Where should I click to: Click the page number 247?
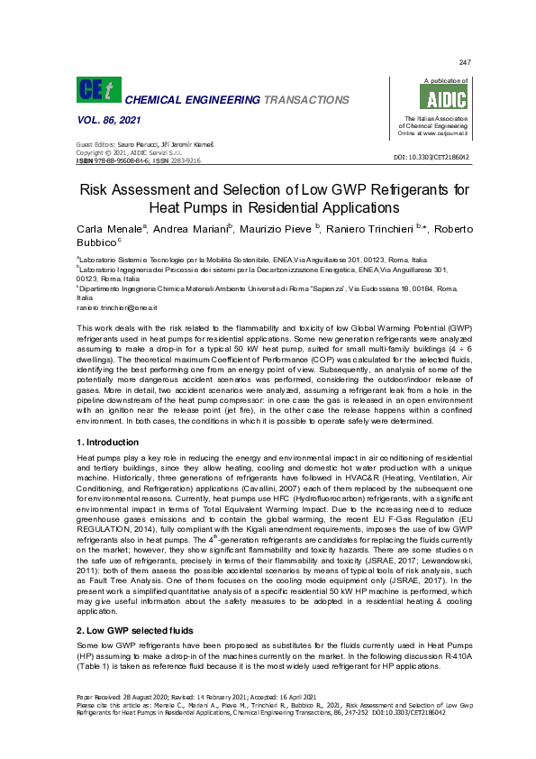coord(465,61)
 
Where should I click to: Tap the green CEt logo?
coord(95,89)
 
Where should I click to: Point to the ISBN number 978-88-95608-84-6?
coord(120,160)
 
